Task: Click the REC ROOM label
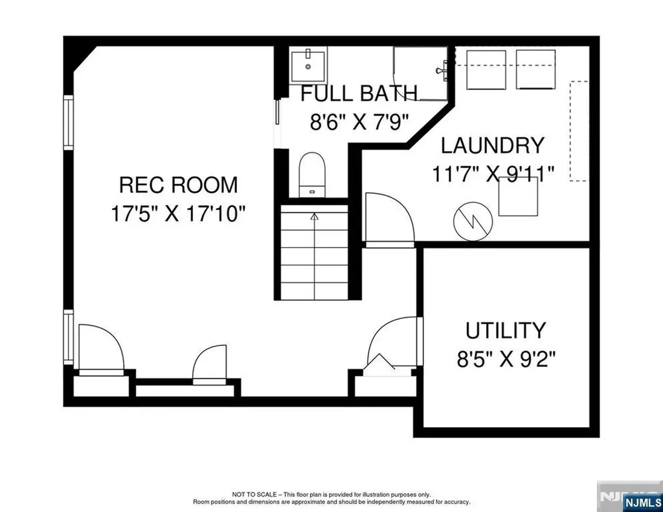point(178,185)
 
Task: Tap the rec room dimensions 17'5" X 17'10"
point(178,213)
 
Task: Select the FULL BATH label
point(359,93)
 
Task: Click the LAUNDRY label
point(493,145)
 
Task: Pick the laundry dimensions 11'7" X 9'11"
point(493,174)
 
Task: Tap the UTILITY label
point(506,331)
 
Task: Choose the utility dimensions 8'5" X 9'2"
point(506,359)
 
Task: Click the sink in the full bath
point(308,65)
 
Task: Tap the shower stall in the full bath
point(421,73)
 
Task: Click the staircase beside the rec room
point(314,253)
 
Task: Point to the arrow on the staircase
point(315,217)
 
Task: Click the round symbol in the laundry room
point(474,222)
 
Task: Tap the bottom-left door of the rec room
point(100,350)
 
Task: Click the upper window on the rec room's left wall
point(68,122)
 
